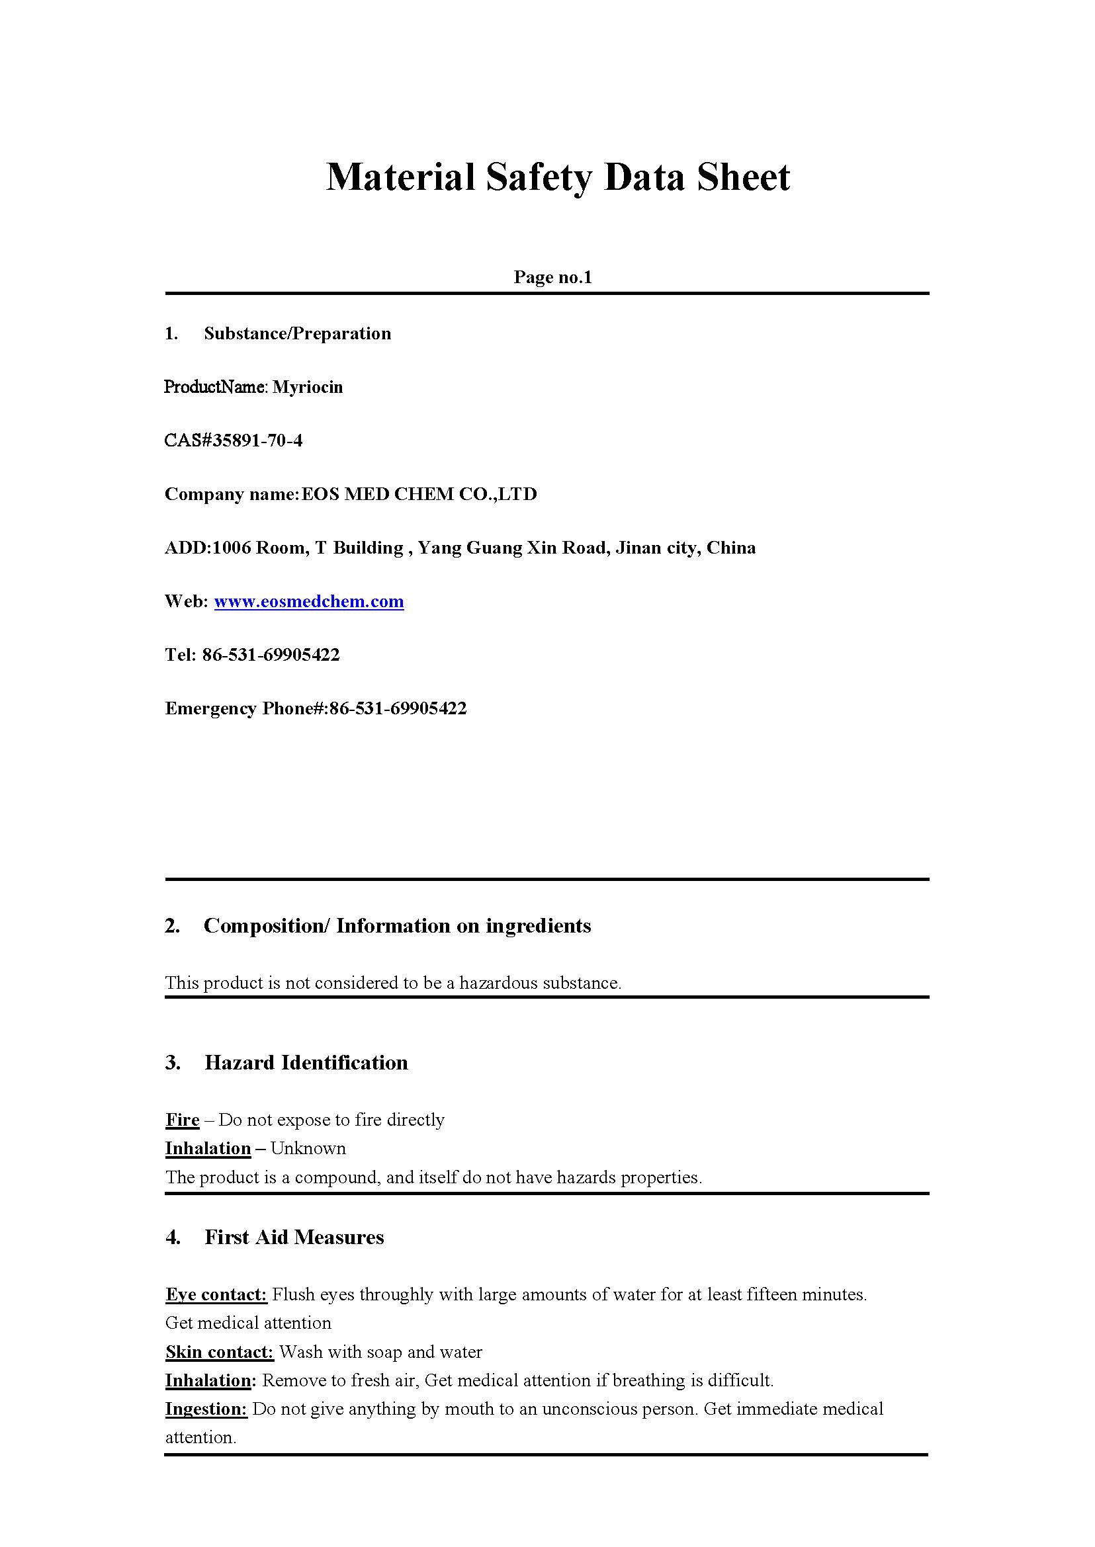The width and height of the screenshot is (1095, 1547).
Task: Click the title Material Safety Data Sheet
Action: (x=558, y=177)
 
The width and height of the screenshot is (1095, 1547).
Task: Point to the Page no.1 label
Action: (x=552, y=277)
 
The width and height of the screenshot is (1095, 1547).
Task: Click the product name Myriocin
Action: (x=308, y=387)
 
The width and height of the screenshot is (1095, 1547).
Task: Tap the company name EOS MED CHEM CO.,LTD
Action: (x=419, y=494)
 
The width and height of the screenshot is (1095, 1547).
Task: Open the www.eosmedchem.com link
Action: (x=309, y=601)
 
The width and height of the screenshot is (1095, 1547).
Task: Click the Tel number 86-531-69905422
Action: (x=271, y=655)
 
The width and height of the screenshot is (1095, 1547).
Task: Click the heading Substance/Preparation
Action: (x=297, y=333)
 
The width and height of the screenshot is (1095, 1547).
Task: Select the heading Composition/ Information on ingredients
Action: (x=397, y=926)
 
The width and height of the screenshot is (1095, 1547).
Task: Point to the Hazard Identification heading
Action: (x=306, y=1063)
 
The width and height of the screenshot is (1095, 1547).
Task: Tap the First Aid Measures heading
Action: (x=294, y=1237)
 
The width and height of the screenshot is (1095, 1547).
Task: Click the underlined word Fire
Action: (x=182, y=1120)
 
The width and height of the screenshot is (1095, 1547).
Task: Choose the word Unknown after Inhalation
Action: (x=308, y=1149)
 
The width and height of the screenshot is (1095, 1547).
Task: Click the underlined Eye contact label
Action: (x=216, y=1294)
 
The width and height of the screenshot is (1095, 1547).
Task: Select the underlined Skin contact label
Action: (x=219, y=1351)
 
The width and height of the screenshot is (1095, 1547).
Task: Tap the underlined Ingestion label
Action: (x=206, y=1409)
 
